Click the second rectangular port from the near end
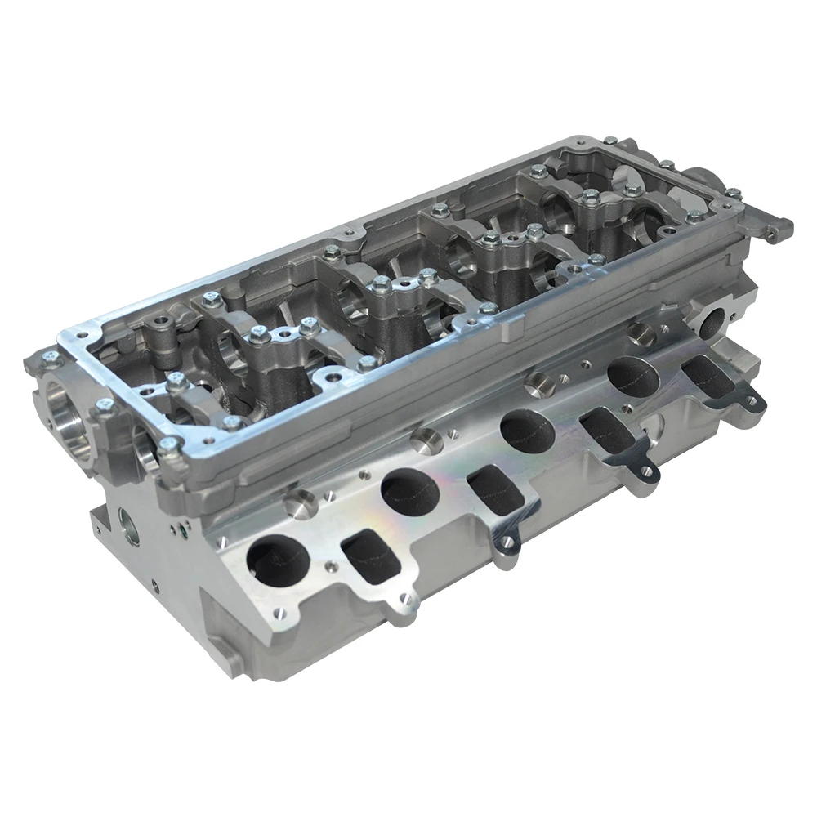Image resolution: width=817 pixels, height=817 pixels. [x=493, y=493]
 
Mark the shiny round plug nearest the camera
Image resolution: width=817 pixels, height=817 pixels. [x=300, y=503]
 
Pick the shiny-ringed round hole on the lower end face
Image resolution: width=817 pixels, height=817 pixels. [x=131, y=528]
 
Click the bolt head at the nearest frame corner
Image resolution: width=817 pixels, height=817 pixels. [x=168, y=445]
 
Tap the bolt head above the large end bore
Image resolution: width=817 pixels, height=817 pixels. [x=51, y=358]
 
